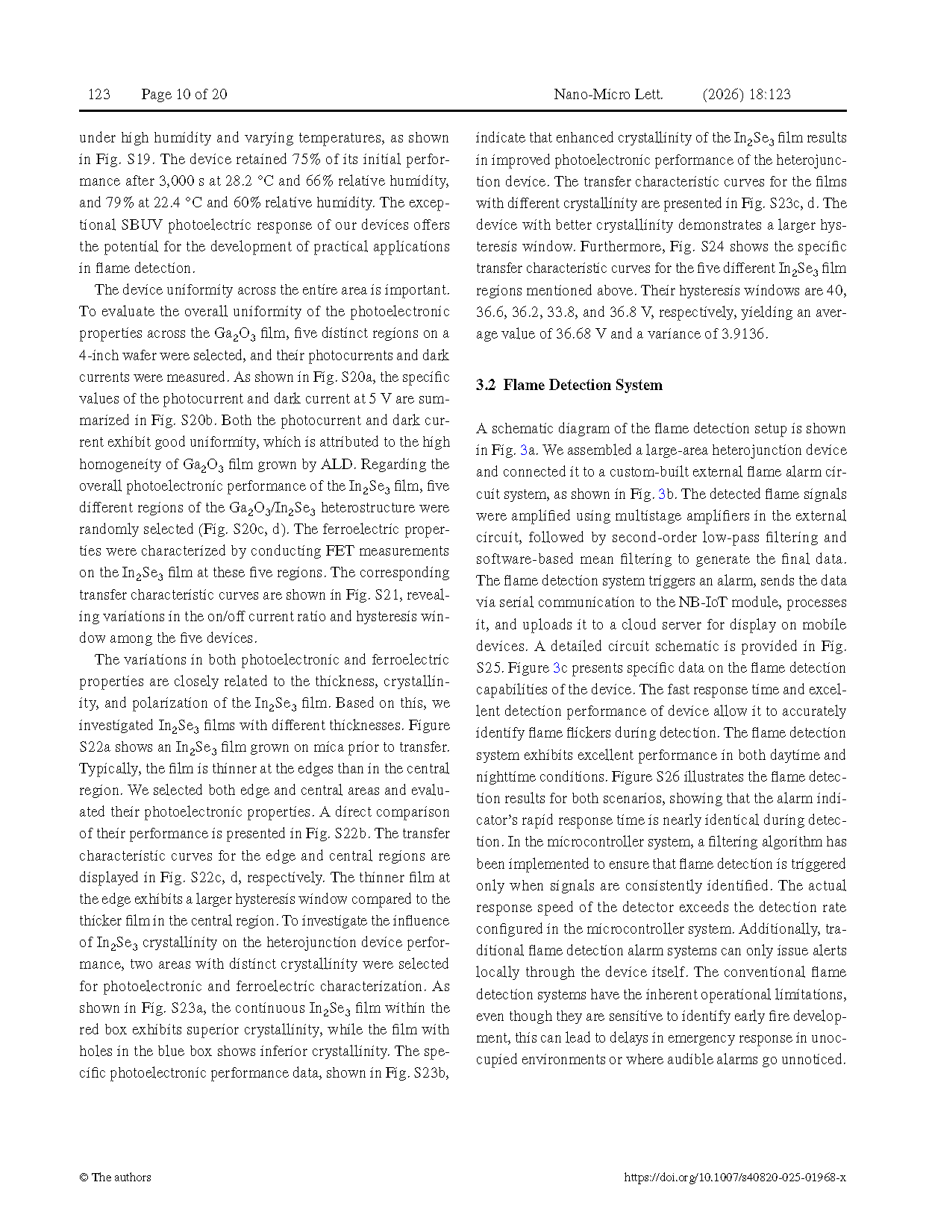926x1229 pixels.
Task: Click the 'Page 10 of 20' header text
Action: [184, 94]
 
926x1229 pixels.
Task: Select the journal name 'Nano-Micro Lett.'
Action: [607, 94]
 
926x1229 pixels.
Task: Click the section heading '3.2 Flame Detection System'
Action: [569, 385]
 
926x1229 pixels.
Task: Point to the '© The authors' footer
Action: [115, 1178]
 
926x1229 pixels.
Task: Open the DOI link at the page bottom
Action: [734, 1178]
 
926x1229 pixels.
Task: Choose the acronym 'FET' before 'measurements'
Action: [339, 551]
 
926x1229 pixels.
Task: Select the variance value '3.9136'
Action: [742, 333]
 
